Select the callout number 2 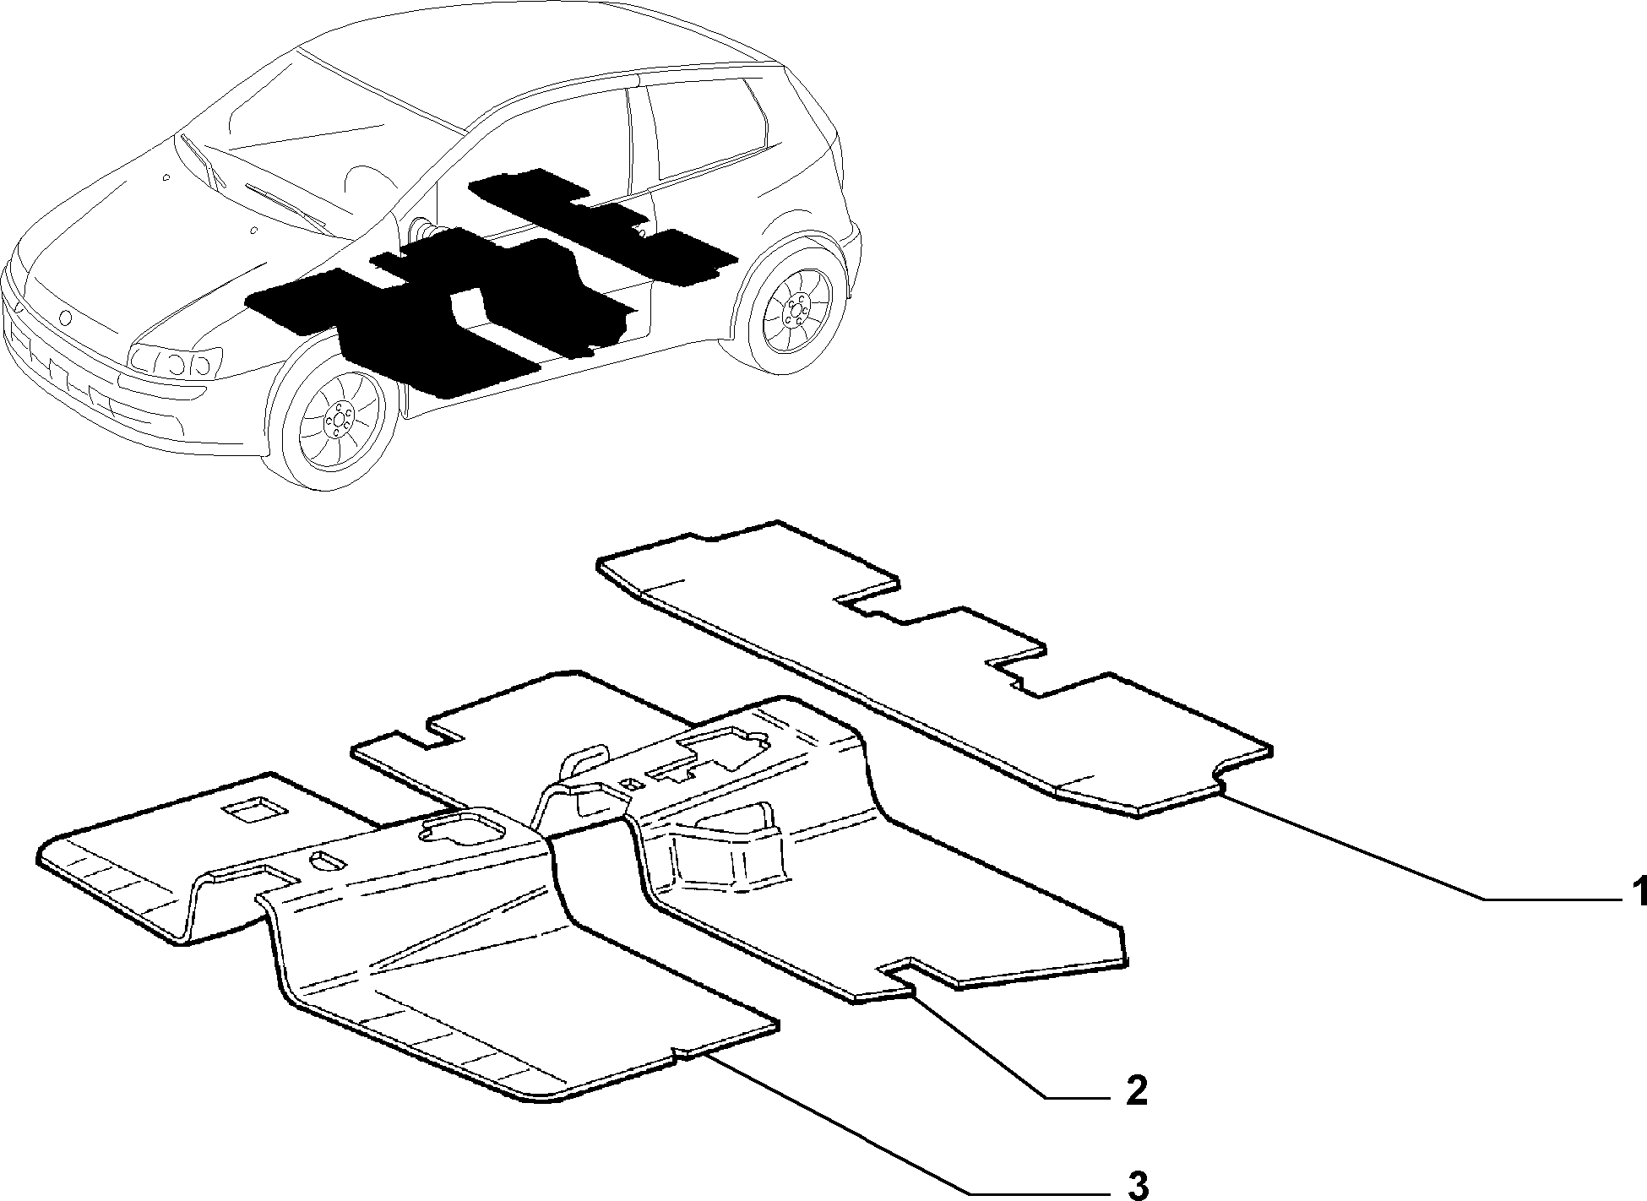tap(1135, 1090)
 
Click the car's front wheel tap(339, 418)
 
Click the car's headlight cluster tap(174, 362)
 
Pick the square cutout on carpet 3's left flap tap(253, 809)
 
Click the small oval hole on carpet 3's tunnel tap(327, 861)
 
